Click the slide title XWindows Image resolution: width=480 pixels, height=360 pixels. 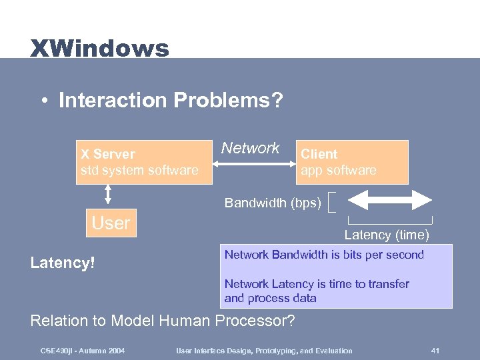click(99, 48)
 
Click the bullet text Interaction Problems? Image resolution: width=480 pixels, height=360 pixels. click(171, 101)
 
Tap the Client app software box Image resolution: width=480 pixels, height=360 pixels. click(351, 162)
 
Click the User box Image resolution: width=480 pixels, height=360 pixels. click(111, 223)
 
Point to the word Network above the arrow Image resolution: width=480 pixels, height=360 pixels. click(251, 148)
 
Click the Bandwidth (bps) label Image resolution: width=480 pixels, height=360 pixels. click(272, 202)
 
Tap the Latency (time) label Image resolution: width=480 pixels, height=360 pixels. click(387, 235)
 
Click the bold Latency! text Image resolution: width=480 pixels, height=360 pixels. click(63, 263)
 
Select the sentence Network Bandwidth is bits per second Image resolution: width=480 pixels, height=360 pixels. click(324, 255)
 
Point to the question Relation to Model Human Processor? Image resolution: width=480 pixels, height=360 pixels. click(163, 321)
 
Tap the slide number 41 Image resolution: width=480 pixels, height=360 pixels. click(435, 351)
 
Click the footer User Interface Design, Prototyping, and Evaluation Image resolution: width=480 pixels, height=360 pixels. click(264, 351)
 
